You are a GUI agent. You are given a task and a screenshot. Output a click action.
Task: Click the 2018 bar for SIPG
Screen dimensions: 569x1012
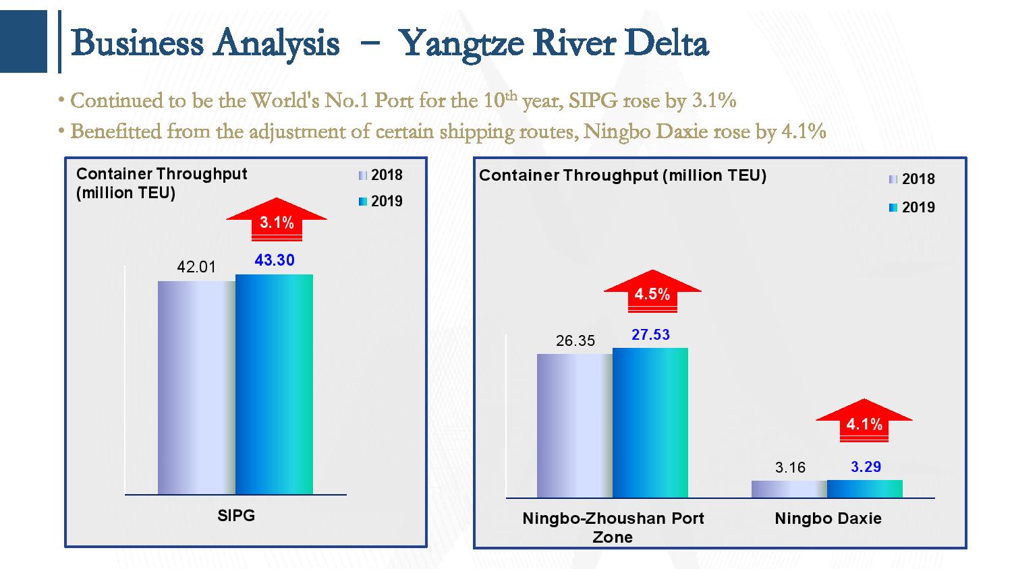196,388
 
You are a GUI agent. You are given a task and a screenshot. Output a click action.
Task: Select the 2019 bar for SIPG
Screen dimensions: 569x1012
274,384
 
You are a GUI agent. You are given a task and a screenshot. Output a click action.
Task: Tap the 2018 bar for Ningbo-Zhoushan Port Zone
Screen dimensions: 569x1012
575,425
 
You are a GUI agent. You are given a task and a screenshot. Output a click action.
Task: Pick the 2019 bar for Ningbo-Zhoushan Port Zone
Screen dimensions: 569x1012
650,423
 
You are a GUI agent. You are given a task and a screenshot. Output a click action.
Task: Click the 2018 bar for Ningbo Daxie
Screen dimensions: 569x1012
789,489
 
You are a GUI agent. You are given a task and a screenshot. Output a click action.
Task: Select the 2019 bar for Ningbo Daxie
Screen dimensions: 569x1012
865,489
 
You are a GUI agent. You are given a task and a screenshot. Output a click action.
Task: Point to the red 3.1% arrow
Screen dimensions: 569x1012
277,220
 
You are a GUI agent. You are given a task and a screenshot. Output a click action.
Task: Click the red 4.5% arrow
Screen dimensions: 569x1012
652,292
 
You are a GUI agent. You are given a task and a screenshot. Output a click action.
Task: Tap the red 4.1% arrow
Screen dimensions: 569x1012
864,422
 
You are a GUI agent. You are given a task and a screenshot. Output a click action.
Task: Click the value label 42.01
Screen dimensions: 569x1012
196,267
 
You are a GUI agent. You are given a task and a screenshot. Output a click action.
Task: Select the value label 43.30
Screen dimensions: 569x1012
275,260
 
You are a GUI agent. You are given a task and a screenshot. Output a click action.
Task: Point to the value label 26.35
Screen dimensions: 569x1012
575,341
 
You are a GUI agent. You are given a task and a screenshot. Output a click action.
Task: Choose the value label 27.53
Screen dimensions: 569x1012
650,334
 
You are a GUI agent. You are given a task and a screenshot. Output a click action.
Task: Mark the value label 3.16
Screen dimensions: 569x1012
790,468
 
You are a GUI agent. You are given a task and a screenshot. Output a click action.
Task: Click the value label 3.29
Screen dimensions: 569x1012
866,467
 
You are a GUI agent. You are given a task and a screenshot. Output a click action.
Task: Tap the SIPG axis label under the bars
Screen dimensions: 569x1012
236,516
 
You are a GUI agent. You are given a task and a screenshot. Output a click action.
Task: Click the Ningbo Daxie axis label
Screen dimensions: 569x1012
828,518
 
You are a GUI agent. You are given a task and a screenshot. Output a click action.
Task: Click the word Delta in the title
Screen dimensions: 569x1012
667,44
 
